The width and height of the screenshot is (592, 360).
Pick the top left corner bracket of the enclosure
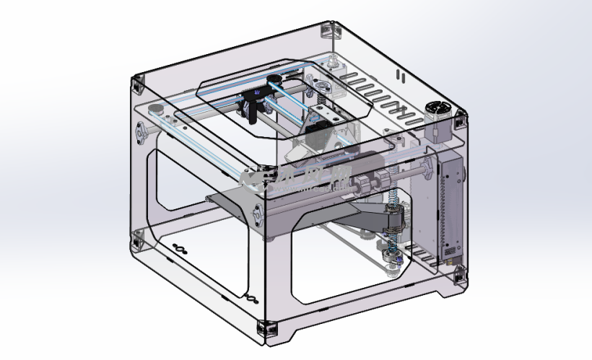[x=136, y=84]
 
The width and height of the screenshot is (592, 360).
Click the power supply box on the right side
[x=450, y=209]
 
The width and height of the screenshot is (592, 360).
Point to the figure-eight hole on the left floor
[x=179, y=249]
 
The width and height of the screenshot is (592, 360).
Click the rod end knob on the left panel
[x=141, y=133]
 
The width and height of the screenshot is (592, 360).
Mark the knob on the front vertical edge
[x=256, y=212]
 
